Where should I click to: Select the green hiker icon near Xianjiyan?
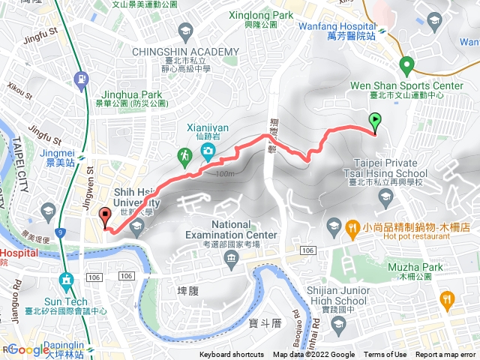pyautogui.click(x=184, y=156)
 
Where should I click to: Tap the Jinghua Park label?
pyautogui.click(x=131, y=95)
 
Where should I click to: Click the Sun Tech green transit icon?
pyautogui.click(x=66, y=280)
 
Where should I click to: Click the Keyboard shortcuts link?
pyautogui.click(x=232, y=355)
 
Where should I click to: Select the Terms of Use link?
pyautogui.click(x=385, y=355)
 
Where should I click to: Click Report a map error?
pyautogui.click(x=445, y=355)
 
